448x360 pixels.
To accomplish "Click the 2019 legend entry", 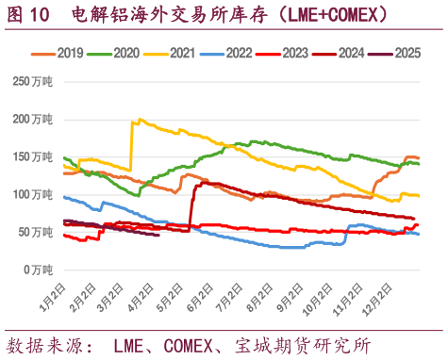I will [58, 54].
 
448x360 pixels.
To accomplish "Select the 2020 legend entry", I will [116, 54].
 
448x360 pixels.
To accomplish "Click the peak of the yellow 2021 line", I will [140, 120].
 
